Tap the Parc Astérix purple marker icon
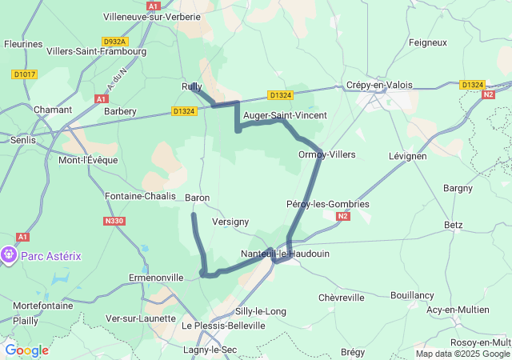(10, 255)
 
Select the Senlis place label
(22, 140)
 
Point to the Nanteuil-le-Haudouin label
(285, 254)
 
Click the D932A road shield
(115, 41)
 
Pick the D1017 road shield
(24, 74)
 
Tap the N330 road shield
(114, 221)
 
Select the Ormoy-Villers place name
(326, 154)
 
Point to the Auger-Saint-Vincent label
(284, 115)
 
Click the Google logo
(26, 350)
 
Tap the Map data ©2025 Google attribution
(462, 354)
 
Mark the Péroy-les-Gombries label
(327, 204)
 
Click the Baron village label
(197, 198)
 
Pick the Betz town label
(453, 225)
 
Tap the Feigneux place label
(427, 42)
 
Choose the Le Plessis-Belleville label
(223, 326)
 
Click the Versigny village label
(230, 221)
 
